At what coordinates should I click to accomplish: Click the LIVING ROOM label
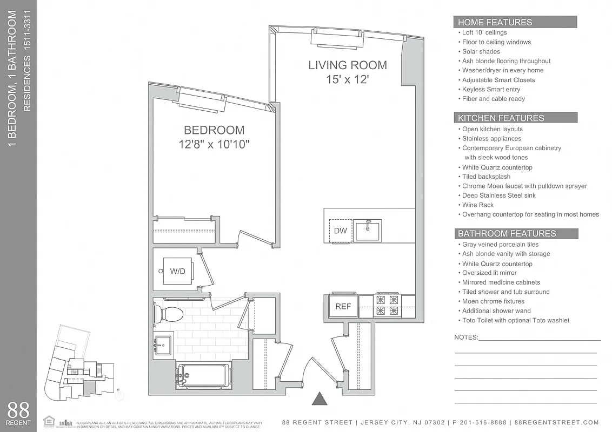[x=348, y=65]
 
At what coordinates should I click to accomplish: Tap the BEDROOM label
[x=214, y=130]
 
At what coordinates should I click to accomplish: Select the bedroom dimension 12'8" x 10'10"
[x=214, y=145]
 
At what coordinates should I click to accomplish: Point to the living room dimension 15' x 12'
[x=348, y=80]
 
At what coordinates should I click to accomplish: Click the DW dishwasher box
[x=340, y=231]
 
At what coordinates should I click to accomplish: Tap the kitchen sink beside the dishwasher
[x=368, y=230]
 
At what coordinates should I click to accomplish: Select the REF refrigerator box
[x=343, y=306]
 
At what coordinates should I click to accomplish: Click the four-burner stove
[x=388, y=305]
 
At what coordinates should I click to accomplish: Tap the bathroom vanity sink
[x=163, y=343]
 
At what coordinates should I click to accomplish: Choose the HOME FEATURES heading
[x=495, y=22]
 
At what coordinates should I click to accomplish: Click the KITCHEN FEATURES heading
[x=501, y=118]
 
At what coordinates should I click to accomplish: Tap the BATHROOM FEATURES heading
[x=507, y=233]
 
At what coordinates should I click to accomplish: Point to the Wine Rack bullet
[x=477, y=205]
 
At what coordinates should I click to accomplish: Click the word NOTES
[x=466, y=337]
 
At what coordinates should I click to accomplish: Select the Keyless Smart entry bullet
[x=491, y=89]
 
